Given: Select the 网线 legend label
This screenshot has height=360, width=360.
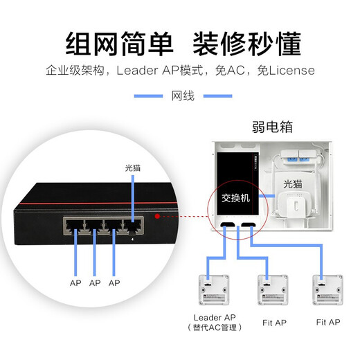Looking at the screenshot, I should point(181,96).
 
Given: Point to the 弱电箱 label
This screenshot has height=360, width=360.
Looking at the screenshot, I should point(273,127).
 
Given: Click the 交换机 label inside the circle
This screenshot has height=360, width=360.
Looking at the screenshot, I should point(235,197).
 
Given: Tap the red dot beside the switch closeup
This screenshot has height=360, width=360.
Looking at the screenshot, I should point(159,216).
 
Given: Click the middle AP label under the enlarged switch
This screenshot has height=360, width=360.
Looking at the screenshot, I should point(95,283).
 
